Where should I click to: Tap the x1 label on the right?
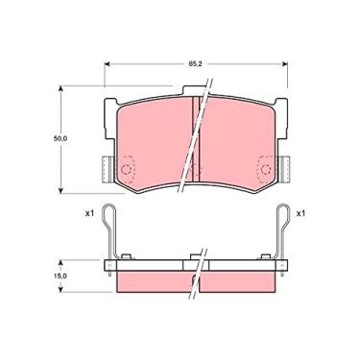301,212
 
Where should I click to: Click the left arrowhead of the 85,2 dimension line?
105,65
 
